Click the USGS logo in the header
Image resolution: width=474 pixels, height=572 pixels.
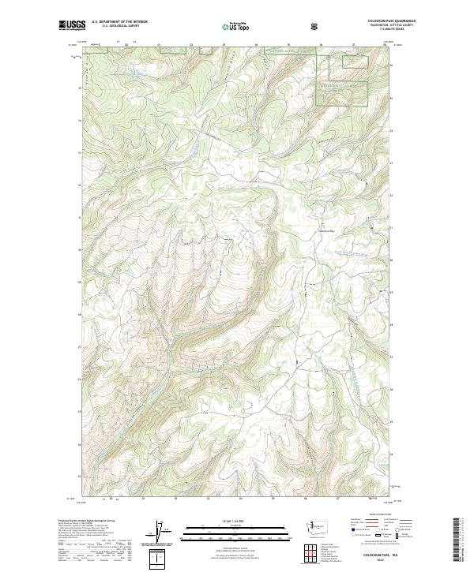pos(72,25)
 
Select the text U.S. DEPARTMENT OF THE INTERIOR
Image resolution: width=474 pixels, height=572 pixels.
pos(119,22)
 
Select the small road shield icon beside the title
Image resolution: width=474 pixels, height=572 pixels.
pos(316,25)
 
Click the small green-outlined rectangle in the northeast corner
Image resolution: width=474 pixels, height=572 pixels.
pos(355,59)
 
